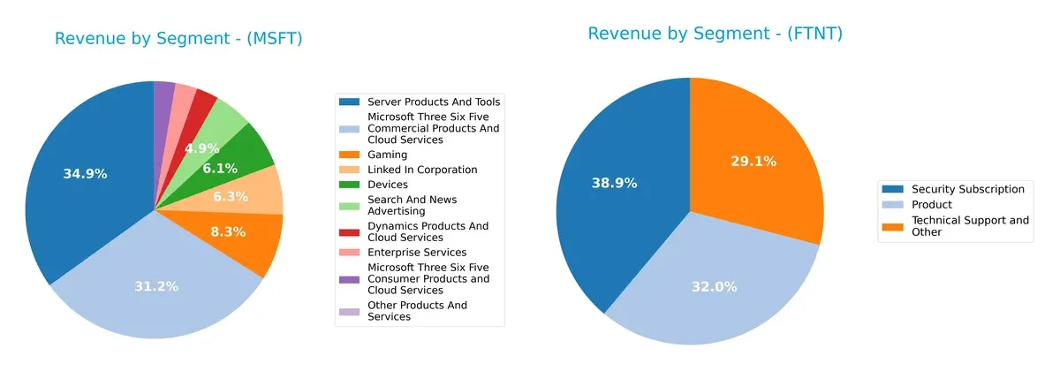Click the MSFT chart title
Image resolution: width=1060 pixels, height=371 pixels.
click(178, 39)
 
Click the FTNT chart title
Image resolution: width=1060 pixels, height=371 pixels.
click(715, 34)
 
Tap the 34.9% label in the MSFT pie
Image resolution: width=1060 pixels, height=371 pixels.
click(85, 174)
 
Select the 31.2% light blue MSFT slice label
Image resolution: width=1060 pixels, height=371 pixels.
click(156, 286)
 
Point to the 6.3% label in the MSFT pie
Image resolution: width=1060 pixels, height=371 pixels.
click(231, 196)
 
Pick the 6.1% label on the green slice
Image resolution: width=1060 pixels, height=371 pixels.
click(218, 168)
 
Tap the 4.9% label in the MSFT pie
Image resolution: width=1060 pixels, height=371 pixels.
click(201, 148)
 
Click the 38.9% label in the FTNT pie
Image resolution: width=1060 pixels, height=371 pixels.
click(613, 183)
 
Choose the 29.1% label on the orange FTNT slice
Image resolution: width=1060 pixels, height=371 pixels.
click(753, 161)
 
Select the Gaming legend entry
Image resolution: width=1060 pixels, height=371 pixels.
click(387, 155)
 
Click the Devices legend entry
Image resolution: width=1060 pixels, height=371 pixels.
click(388, 185)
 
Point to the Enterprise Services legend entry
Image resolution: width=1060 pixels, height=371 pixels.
click(415, 253)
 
